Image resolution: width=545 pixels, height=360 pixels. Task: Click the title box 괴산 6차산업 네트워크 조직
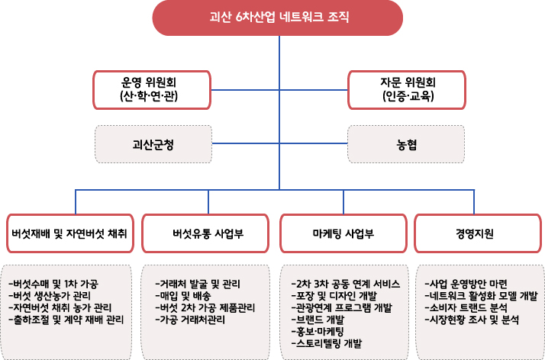coord(279,17)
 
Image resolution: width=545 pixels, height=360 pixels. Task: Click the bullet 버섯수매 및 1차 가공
coord(56,283)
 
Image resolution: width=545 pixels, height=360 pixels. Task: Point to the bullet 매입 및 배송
coord(187,295)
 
